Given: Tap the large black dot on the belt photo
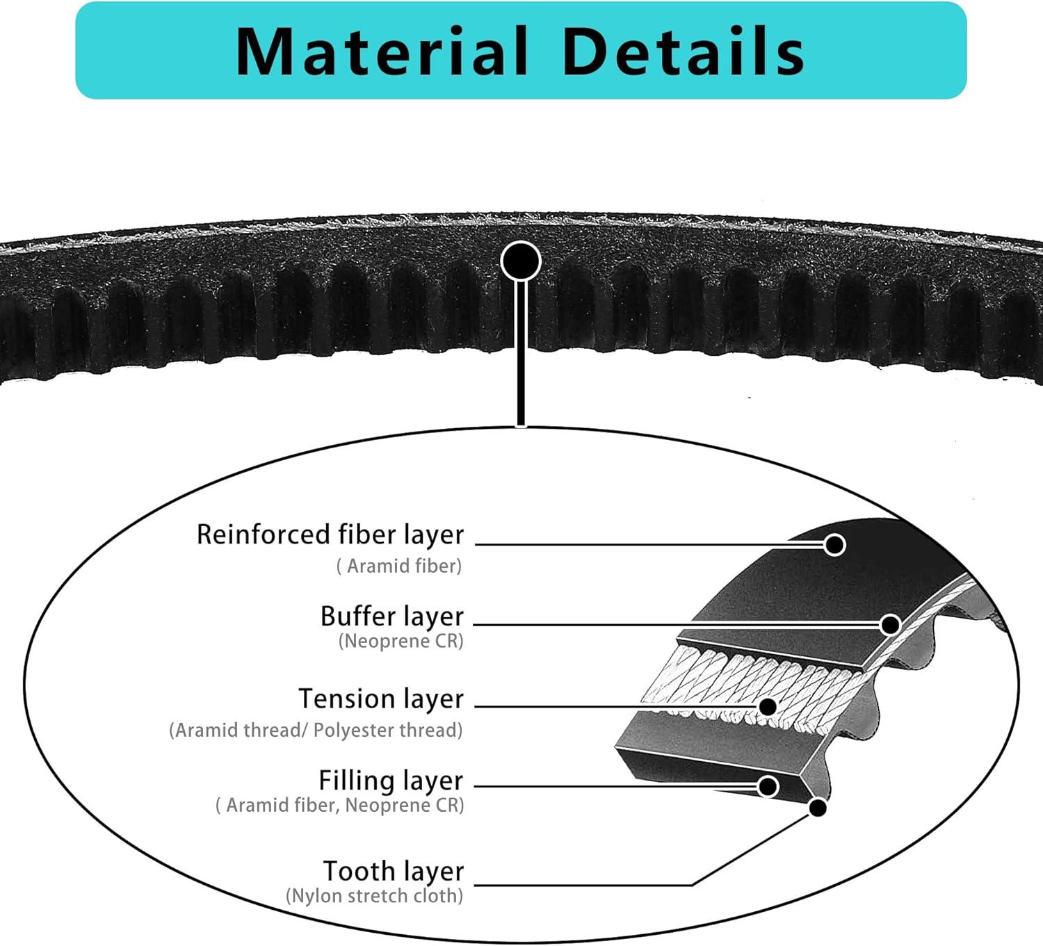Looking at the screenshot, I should [x=520, y=261].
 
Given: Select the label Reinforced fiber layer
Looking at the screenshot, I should [x=330, y=535].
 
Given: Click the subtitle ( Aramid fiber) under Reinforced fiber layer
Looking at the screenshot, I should [x=399, y=566].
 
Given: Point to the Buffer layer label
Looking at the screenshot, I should [x=391, y=617].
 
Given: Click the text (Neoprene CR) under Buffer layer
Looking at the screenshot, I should [x=401, y=641].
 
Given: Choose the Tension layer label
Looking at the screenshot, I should [x=380, y=699].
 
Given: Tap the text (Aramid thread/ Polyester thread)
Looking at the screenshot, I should [x=316, y=730].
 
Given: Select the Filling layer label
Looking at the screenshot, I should [x=390, y=781].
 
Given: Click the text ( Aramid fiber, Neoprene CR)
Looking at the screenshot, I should [x=339, y=805].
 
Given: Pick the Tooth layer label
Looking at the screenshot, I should [x=393, y=871].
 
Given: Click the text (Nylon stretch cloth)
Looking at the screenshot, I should [x=374, y=895].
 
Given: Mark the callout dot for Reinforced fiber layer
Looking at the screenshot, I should [x=834, y=544].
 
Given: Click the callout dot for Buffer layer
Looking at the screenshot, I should [x=890, y=625].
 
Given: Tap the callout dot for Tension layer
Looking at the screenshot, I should [x=768, y=707].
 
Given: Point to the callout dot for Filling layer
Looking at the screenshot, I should [x=768, y=786].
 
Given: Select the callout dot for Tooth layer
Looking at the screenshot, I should [x=818, y=808].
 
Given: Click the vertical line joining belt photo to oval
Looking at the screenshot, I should [x=520, y=354].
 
